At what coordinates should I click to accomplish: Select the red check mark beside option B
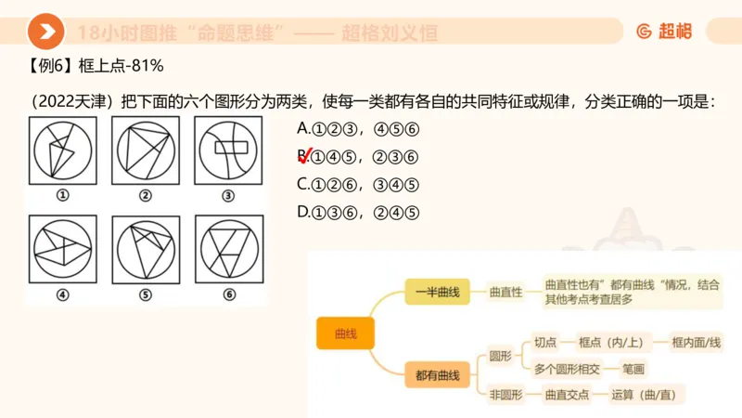303,156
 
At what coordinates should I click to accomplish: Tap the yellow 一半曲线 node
438,291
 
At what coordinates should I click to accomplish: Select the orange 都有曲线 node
438,375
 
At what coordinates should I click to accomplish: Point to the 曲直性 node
506,291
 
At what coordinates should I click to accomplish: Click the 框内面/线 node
696,343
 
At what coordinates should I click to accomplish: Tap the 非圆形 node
506,395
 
